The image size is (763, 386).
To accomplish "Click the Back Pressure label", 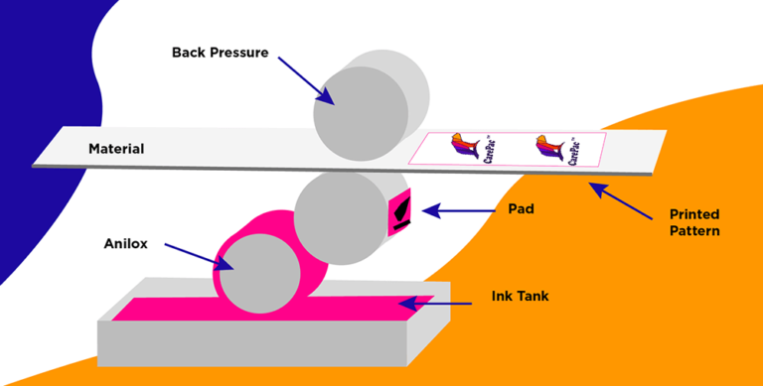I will [x=220, y=52].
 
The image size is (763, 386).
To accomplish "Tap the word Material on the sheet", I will [x=116, y=150].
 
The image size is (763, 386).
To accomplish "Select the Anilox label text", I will [x=125, y=244].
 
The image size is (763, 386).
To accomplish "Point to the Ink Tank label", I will [x=520, y=297].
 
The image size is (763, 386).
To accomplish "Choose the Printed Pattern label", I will [x=693, y=222].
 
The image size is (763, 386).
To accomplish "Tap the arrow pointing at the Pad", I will [x=457, y=210].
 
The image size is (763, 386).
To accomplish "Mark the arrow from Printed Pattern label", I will [x=621, y=199].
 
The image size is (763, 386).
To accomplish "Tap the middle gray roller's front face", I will [x=339, y=218].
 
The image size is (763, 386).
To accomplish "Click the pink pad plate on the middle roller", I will [x=400, y=212].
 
